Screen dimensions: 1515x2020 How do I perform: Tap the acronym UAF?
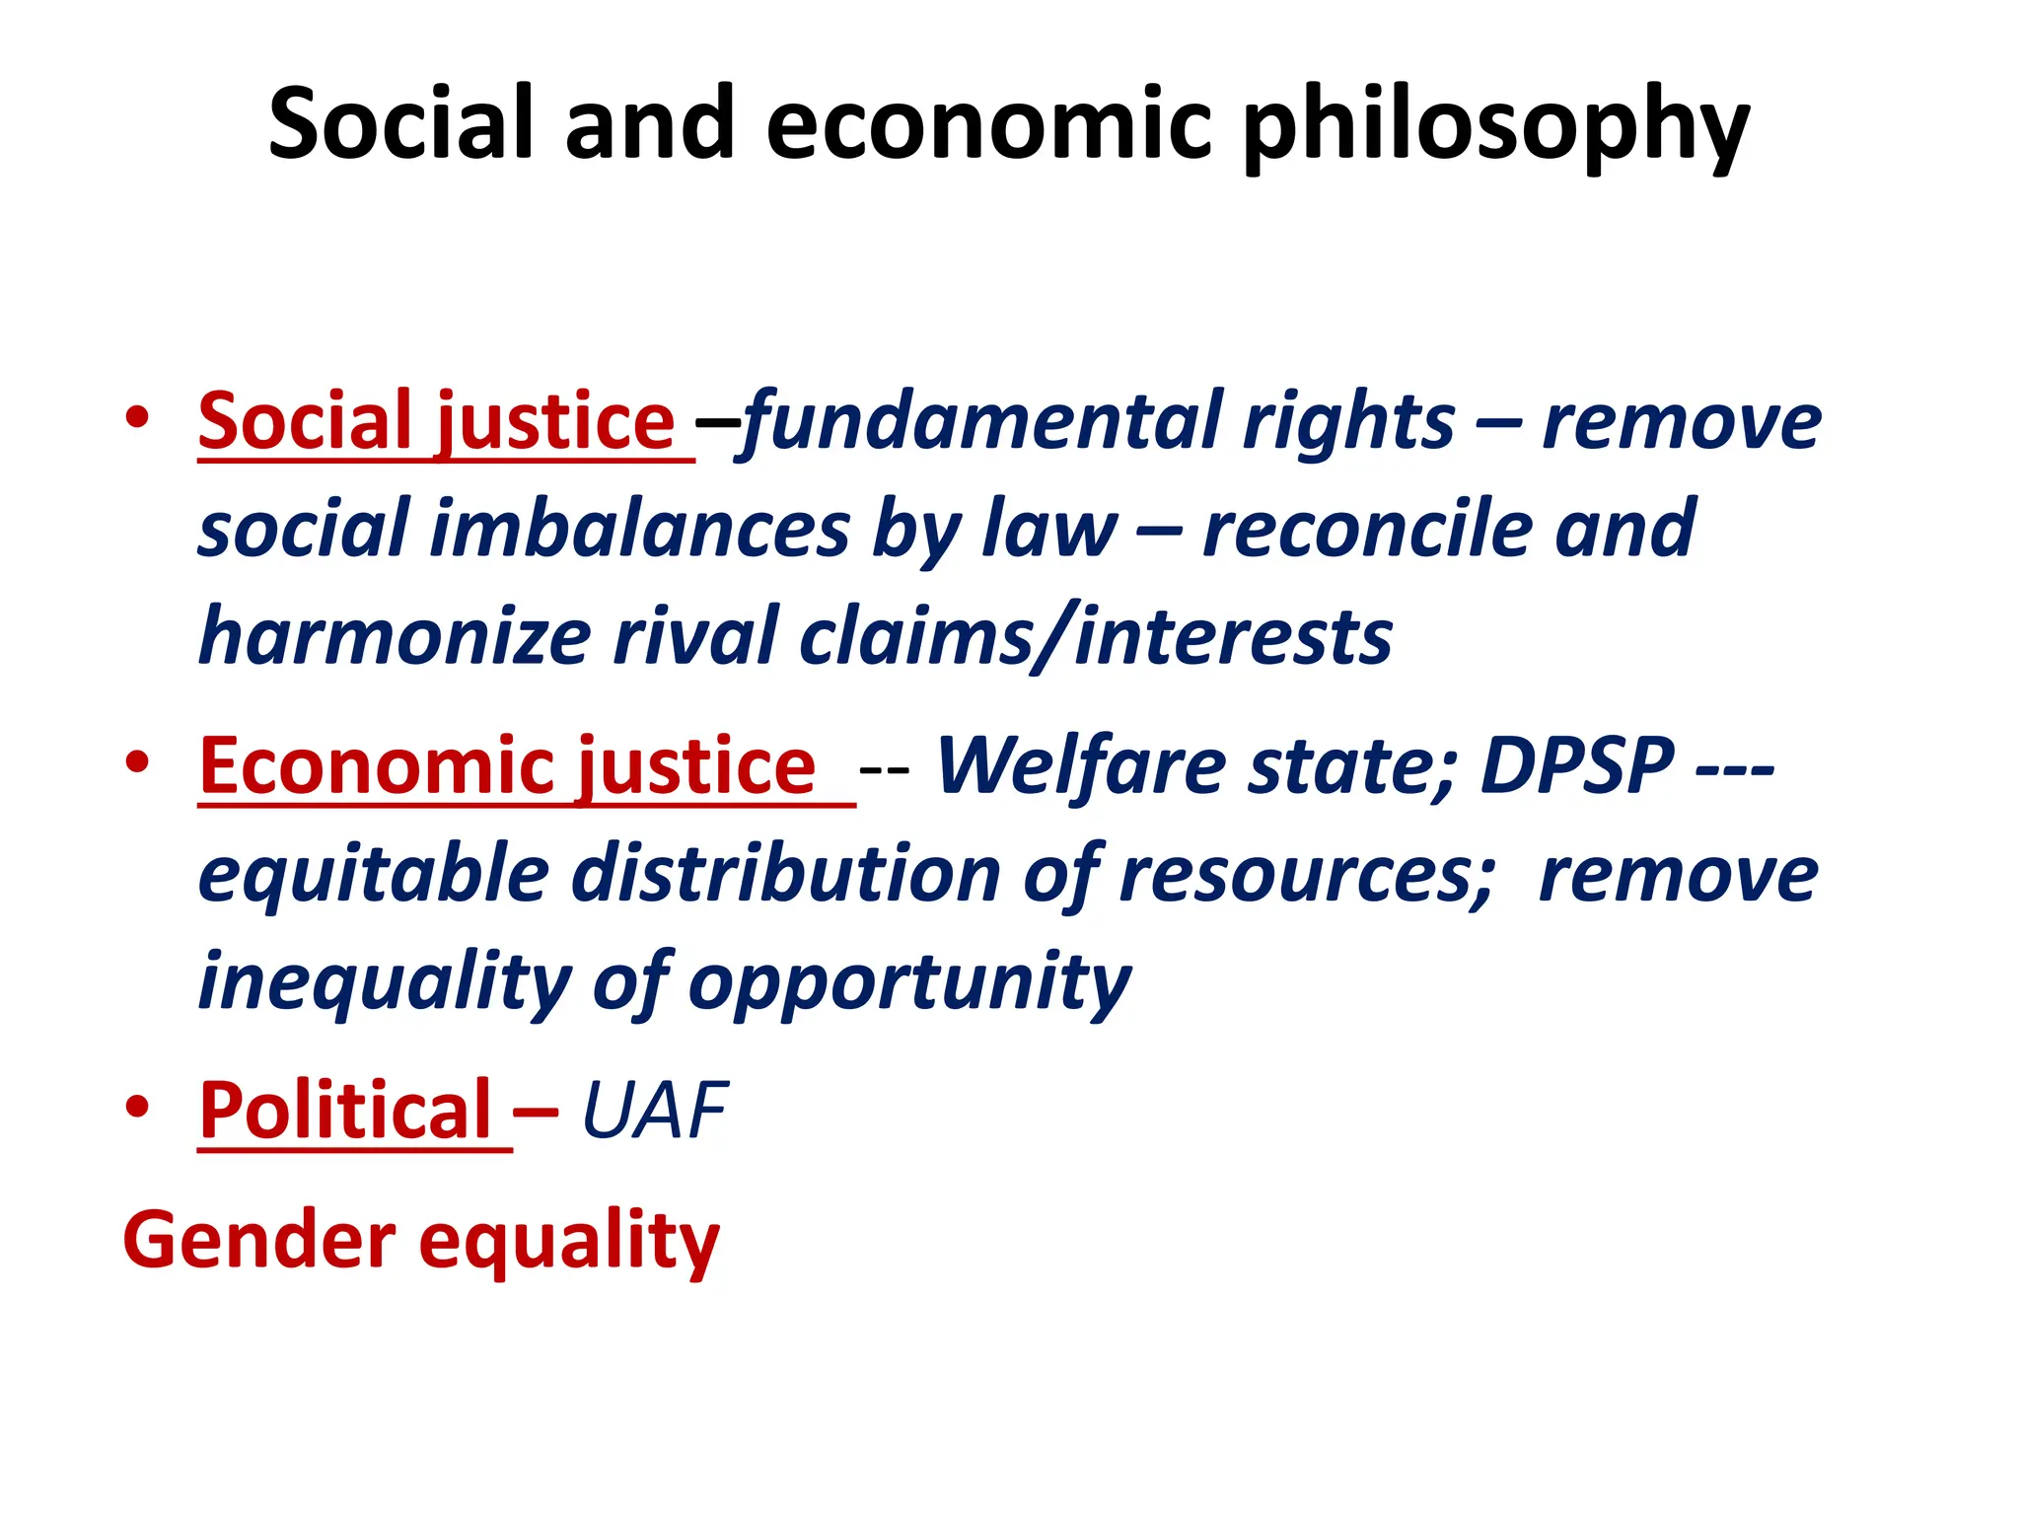click(655, 1112)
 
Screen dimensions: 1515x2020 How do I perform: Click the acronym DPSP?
click(1577, 766)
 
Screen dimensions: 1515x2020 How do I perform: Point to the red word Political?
click(345, 1111)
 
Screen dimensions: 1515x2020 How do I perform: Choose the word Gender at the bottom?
click(258, 1240)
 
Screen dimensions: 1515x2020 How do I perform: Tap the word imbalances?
click(640, 530)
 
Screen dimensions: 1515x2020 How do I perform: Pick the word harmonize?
click(395, 637)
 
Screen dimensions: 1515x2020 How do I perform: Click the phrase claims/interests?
click(1096, 637)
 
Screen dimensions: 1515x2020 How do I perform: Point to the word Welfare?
click(1080, 766)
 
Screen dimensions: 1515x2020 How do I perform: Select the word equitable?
click(374, 876)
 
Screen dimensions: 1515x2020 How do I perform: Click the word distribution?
click(786, 874)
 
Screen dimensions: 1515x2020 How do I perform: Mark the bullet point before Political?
click(137, 1107)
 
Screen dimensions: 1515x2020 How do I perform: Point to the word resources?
click(1308, 875)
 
